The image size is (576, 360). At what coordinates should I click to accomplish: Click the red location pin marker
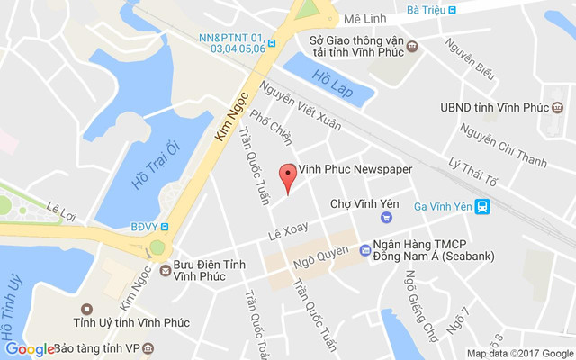(x=288, y=175)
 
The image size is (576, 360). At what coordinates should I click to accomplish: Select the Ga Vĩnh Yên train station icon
(x=483, y=207)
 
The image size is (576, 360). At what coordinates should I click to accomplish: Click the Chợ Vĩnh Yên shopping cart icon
(x=386, y=217)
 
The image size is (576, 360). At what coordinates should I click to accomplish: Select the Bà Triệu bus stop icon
(x=453, y=11)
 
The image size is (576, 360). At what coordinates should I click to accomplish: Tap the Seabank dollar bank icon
(x=364, y=250)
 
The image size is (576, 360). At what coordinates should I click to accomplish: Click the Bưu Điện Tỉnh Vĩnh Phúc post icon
(x=165, y=269)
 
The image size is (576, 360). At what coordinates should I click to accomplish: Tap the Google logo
(x=30, y=348)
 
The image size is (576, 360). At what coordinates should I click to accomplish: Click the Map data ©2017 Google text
(x=519, y=353)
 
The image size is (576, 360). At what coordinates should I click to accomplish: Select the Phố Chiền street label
(x=271, y=126)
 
